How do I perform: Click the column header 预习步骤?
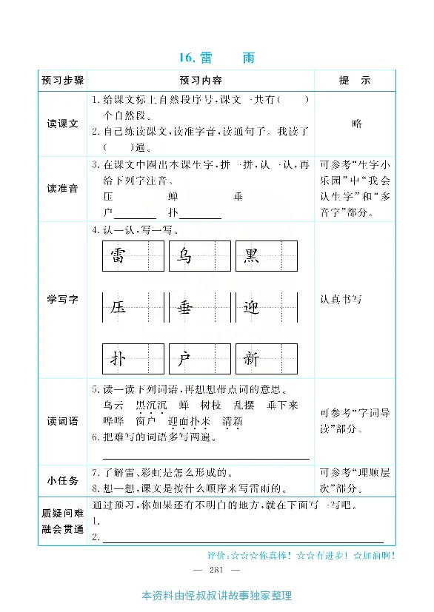tap(63, 80)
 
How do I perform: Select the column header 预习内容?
tap(200, 80)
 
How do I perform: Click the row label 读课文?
tap(63, 124)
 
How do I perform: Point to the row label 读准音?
tap(63, 189)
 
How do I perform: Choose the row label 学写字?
tap(63, 299)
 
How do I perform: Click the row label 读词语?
tap(63, 421)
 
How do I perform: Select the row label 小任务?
tap(63, 480)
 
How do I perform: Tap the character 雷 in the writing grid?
tap(118, 256)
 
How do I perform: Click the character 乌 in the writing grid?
tap(184, 256)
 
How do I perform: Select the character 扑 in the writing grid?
tap(118, 360)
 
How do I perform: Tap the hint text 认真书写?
tap(341, 300)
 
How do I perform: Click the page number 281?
tap(216, 570)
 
